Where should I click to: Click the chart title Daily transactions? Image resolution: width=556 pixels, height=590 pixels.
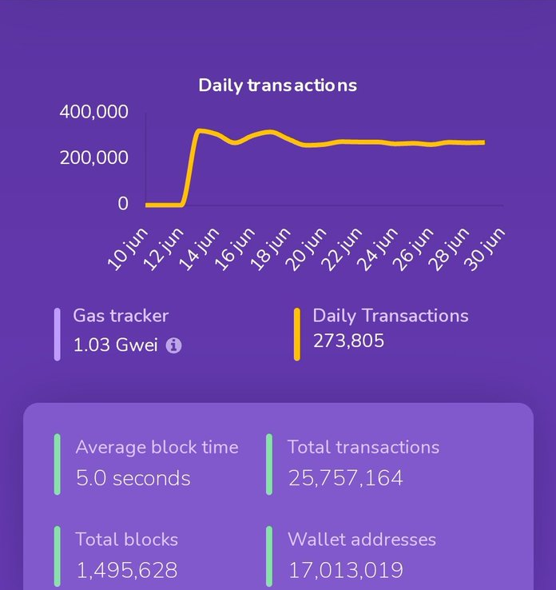coord(277,85)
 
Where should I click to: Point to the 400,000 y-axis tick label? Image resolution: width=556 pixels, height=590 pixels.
coord(93,112)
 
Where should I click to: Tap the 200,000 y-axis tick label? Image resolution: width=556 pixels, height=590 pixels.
coord(93,157)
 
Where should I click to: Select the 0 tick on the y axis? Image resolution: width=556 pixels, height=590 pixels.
coord(122,204)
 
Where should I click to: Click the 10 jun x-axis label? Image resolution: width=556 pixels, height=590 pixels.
coord(128,249)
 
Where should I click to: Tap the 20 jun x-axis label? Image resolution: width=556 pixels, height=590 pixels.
coord(307,249)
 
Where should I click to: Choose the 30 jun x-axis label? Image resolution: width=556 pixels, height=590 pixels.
coord(486,249)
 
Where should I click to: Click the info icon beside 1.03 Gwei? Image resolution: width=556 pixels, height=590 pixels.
coord(173,345)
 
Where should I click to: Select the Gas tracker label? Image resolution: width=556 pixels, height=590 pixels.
coord(121,316)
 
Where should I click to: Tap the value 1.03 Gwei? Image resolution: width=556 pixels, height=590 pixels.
coord(116,345)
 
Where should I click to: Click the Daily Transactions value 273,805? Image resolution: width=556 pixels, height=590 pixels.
coord(348,341)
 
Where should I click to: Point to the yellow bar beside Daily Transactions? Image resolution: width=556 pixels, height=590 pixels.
coord(297,334)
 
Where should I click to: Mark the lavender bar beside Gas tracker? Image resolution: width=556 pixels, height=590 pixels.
coord(58,334)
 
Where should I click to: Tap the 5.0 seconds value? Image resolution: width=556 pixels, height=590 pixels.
coord(133,478)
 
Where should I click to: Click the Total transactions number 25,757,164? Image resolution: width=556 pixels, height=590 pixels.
coord(345,478)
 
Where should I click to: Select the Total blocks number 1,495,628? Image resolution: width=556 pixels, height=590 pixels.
coord(126,570)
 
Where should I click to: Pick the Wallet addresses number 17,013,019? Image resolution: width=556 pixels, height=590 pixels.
coord(345,570)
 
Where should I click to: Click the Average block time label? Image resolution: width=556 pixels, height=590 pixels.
coord(157,447)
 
